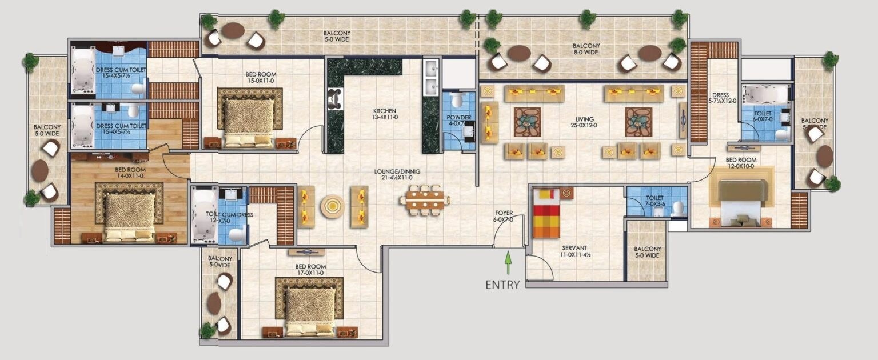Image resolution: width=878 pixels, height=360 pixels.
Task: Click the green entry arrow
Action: (x=507, y=265)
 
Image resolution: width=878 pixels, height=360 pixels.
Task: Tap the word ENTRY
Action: (x=502, y=284)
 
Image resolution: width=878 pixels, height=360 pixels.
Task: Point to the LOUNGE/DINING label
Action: (x=393, y=174)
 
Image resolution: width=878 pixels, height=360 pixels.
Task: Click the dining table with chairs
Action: (x=425, y=200)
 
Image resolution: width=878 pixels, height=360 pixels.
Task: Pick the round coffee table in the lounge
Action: (x=332, y=206)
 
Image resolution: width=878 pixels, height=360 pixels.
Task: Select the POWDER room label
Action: (x=459, y=121)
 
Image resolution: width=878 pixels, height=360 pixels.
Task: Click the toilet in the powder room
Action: (x=456, y=101)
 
